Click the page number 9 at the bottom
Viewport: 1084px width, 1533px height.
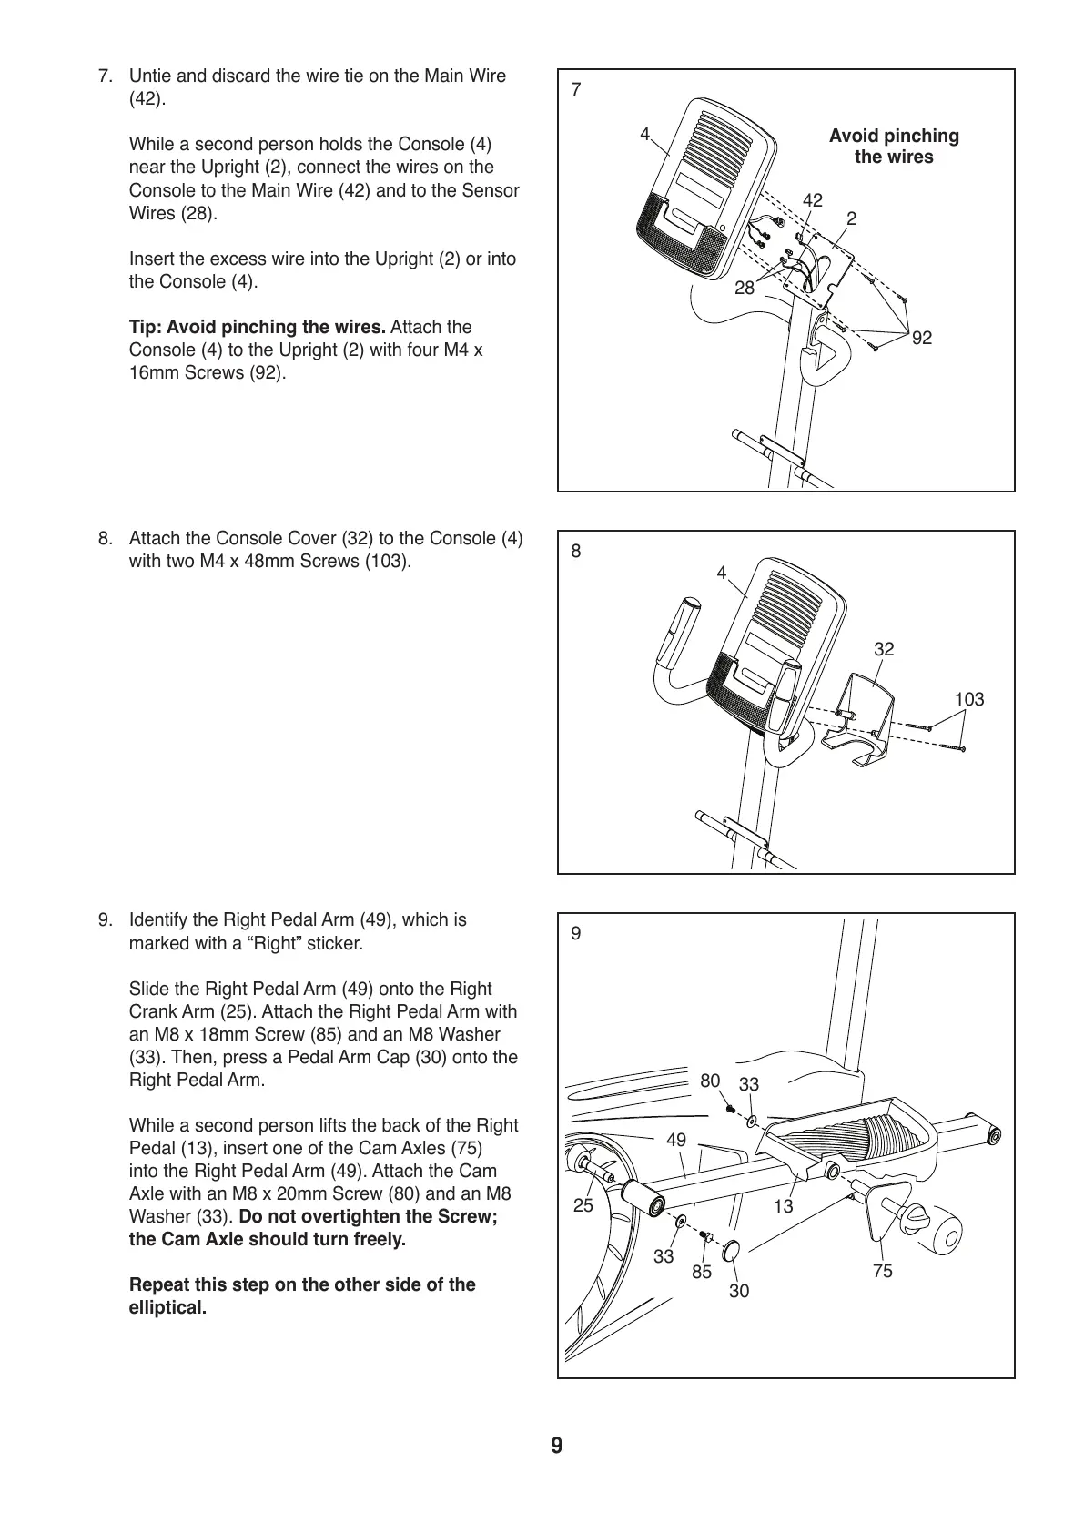coord(556,1446)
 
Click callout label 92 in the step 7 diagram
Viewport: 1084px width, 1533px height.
coord(922,338)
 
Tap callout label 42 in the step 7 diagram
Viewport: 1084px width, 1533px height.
coord(812,200)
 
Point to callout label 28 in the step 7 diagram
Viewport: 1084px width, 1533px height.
coord(745,288)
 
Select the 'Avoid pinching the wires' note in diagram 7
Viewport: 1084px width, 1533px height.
coord(894,147)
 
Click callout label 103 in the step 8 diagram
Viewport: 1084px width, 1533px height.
coord(968,699)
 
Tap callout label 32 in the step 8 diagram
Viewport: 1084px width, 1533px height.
coord(884,649)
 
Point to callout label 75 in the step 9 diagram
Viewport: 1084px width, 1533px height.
coord(883,1271)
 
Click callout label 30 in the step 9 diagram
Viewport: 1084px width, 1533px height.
coord(739,1291)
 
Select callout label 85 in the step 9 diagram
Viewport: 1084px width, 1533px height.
coord(701,1273)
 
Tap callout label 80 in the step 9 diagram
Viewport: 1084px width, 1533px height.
coord(710,1081)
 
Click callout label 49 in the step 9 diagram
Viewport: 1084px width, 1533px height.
coord(676,1139)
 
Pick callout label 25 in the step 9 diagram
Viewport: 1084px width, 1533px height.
coord(583,1205)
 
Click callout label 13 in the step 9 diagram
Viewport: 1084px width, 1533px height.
coord(783,1207)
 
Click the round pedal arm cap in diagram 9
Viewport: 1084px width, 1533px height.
coord(731,1252)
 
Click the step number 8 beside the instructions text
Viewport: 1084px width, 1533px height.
coord(105,538)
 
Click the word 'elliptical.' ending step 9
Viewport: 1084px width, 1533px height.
coord(168,1308)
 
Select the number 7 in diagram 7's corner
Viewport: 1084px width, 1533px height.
coord(575,89)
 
